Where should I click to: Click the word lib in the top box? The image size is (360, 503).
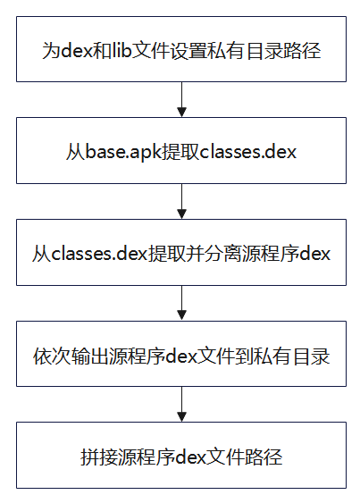121,50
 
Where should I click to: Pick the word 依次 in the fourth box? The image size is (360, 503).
52,356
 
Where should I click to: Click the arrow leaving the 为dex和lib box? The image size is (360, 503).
181,99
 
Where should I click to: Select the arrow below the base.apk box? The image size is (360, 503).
181,201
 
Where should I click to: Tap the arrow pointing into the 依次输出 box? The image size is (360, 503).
181,303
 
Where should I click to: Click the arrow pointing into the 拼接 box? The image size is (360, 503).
181,404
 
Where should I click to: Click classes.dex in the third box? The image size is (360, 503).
99,254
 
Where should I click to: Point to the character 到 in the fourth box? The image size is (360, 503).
244,356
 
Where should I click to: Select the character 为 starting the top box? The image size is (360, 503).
51,51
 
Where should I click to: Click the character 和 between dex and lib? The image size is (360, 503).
103,51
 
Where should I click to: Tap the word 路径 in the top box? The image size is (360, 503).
302,51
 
